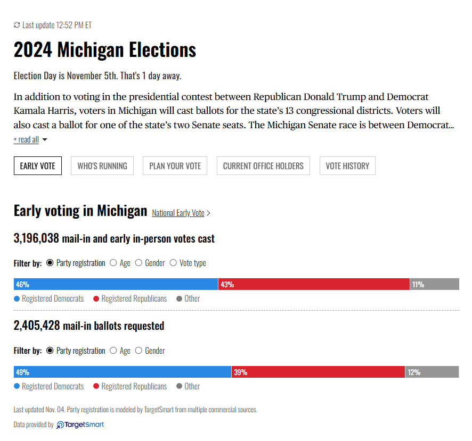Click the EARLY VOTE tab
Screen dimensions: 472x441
pyautogui.click(x=38, y=165)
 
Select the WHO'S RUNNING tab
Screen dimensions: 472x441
pyautogui.click(x=102, y=165)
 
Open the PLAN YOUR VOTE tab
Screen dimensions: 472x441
pyautogui.click(x=175, y=165)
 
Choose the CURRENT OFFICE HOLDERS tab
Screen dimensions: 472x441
pyautogui.click(x=263, y=165)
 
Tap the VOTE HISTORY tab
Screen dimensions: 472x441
pyautogui.click(x=347, y=165)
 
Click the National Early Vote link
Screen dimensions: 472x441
pyautogui.click(x=178, y=213)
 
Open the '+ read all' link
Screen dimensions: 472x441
pyautogui.click(x=26, y=140)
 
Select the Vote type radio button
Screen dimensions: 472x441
pyautogui.click(x=173, y=263)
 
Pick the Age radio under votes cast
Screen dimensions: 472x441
pyautogui.click(x=113, y=263)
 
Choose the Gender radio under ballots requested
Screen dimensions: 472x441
pyautogui.click(x=139, y=351)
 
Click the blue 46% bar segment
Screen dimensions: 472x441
pyautogui.click(x=116, y=284)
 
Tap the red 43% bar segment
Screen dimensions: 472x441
pyautogui.click(x=314, y=284)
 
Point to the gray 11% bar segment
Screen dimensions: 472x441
pyautogui.click(x=435, y=284)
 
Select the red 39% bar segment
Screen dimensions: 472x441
pyautogui.click(x=318, y=372)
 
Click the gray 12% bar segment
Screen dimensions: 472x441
pyautogui.click(x=432, y=372)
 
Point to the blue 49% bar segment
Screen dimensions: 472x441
pyautogui.click(x=123, y=372)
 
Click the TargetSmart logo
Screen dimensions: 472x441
pyautogui.click(x=80, y=425)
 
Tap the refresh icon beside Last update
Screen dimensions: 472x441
pyautogui.click(x=17, y=25)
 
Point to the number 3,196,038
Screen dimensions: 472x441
pyautogui.click(x=36, y=238)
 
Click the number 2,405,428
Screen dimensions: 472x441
pyautogui.click(x=37, y=326)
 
